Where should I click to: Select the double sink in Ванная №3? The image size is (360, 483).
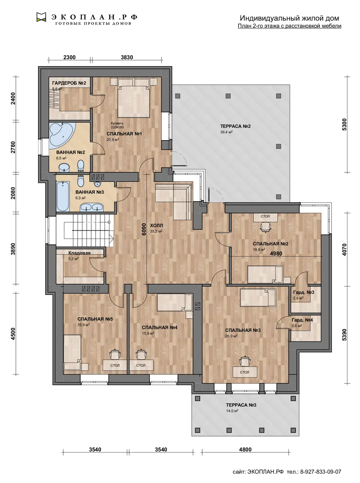(x=91, y=207)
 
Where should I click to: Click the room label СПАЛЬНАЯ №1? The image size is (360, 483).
(x=124, y=134)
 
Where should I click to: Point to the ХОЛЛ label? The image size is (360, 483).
(x=156, y=225)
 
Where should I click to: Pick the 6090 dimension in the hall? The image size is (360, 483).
(x=143, y=229)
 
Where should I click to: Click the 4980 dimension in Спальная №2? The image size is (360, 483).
(x=276, y=253)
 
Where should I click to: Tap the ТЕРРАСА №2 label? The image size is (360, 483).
(x=235, y=126)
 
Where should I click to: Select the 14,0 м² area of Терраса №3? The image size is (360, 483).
(x=232, y=411)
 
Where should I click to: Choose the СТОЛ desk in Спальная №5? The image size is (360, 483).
(x=115, y=365)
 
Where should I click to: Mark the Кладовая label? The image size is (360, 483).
(x=79, y=253)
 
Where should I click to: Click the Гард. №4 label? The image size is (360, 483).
(x=302, y=320)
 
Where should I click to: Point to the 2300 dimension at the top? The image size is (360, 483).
(x=69, y=57)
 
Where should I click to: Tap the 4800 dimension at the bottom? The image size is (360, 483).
(x=245, y=449)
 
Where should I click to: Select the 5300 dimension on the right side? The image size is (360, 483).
(x=344, y=124)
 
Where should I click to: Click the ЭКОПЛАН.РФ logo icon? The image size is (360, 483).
(x=41, y=17)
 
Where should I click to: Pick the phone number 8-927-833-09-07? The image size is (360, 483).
(x=321, y=472)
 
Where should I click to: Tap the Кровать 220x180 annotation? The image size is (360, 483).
(x=117, y=125)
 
